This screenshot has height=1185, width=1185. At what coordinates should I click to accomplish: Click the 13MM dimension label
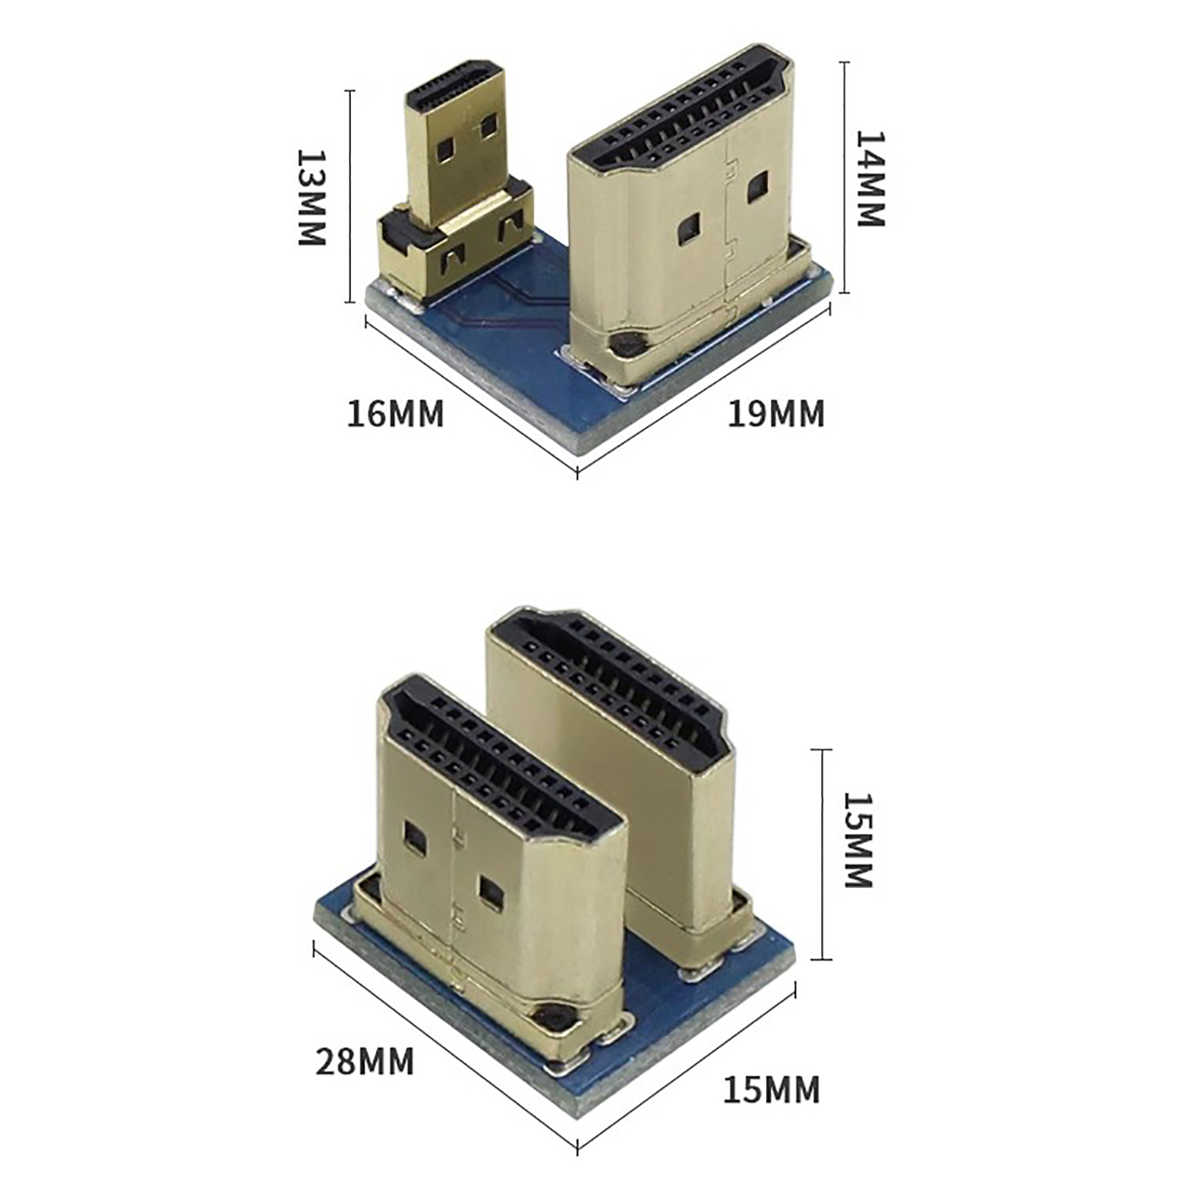(311, 198)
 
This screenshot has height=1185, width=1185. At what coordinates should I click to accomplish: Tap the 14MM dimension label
(871, 178)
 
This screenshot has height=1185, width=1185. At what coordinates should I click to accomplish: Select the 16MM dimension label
(395, 414)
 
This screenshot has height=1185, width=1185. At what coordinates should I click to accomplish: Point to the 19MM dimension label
(775, 414)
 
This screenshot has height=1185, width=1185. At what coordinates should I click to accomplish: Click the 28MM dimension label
(365, 1061)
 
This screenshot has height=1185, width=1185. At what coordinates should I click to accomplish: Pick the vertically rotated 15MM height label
(859, 841)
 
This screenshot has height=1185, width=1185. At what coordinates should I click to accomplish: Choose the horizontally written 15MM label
(772, 1090)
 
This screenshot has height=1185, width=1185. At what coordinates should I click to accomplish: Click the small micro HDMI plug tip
(456, 141)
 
